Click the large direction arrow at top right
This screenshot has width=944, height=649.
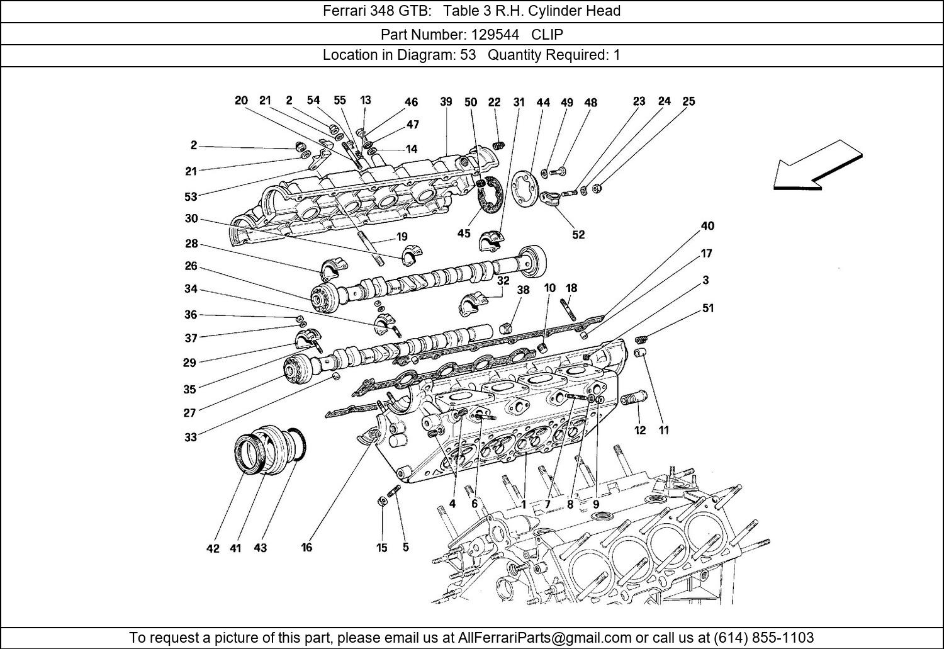tap(817, 166)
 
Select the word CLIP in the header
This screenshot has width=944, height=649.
tap(547, 34)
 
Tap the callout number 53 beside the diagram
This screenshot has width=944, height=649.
tap(191, 196)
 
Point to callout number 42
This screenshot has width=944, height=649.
tap(213, 548)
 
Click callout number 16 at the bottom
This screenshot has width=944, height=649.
tap(306, 547)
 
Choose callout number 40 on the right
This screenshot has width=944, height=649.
tap(707, 226)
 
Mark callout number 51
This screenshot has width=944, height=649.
tap(707, 308)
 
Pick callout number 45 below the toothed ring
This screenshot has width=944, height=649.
tap(464, 234)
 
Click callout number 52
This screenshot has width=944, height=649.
tap(578, 234)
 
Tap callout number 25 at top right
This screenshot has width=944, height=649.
tap(688, 101)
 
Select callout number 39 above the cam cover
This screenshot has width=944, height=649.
tap(446, 102)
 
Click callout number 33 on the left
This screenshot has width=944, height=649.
tap(191, 437)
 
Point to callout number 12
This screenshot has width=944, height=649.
tap(640, 431)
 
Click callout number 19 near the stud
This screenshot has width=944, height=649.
tap(402, 237)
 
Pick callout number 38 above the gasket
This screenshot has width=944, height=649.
tap(523, 290)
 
